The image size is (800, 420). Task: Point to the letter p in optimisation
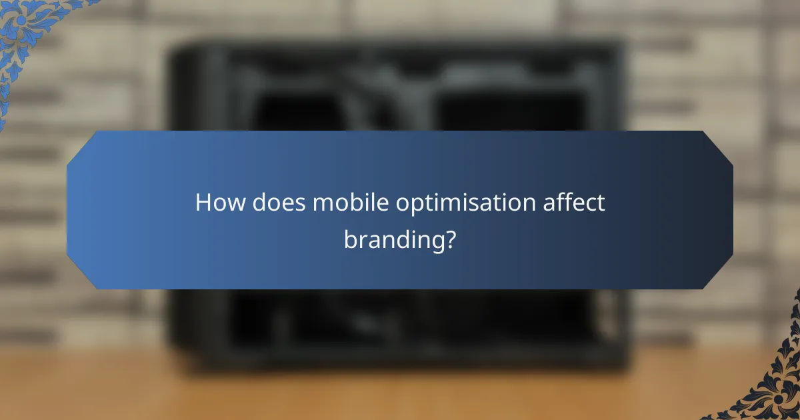413,207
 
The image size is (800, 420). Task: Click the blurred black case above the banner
400,87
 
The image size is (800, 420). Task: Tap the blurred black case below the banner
400,327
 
